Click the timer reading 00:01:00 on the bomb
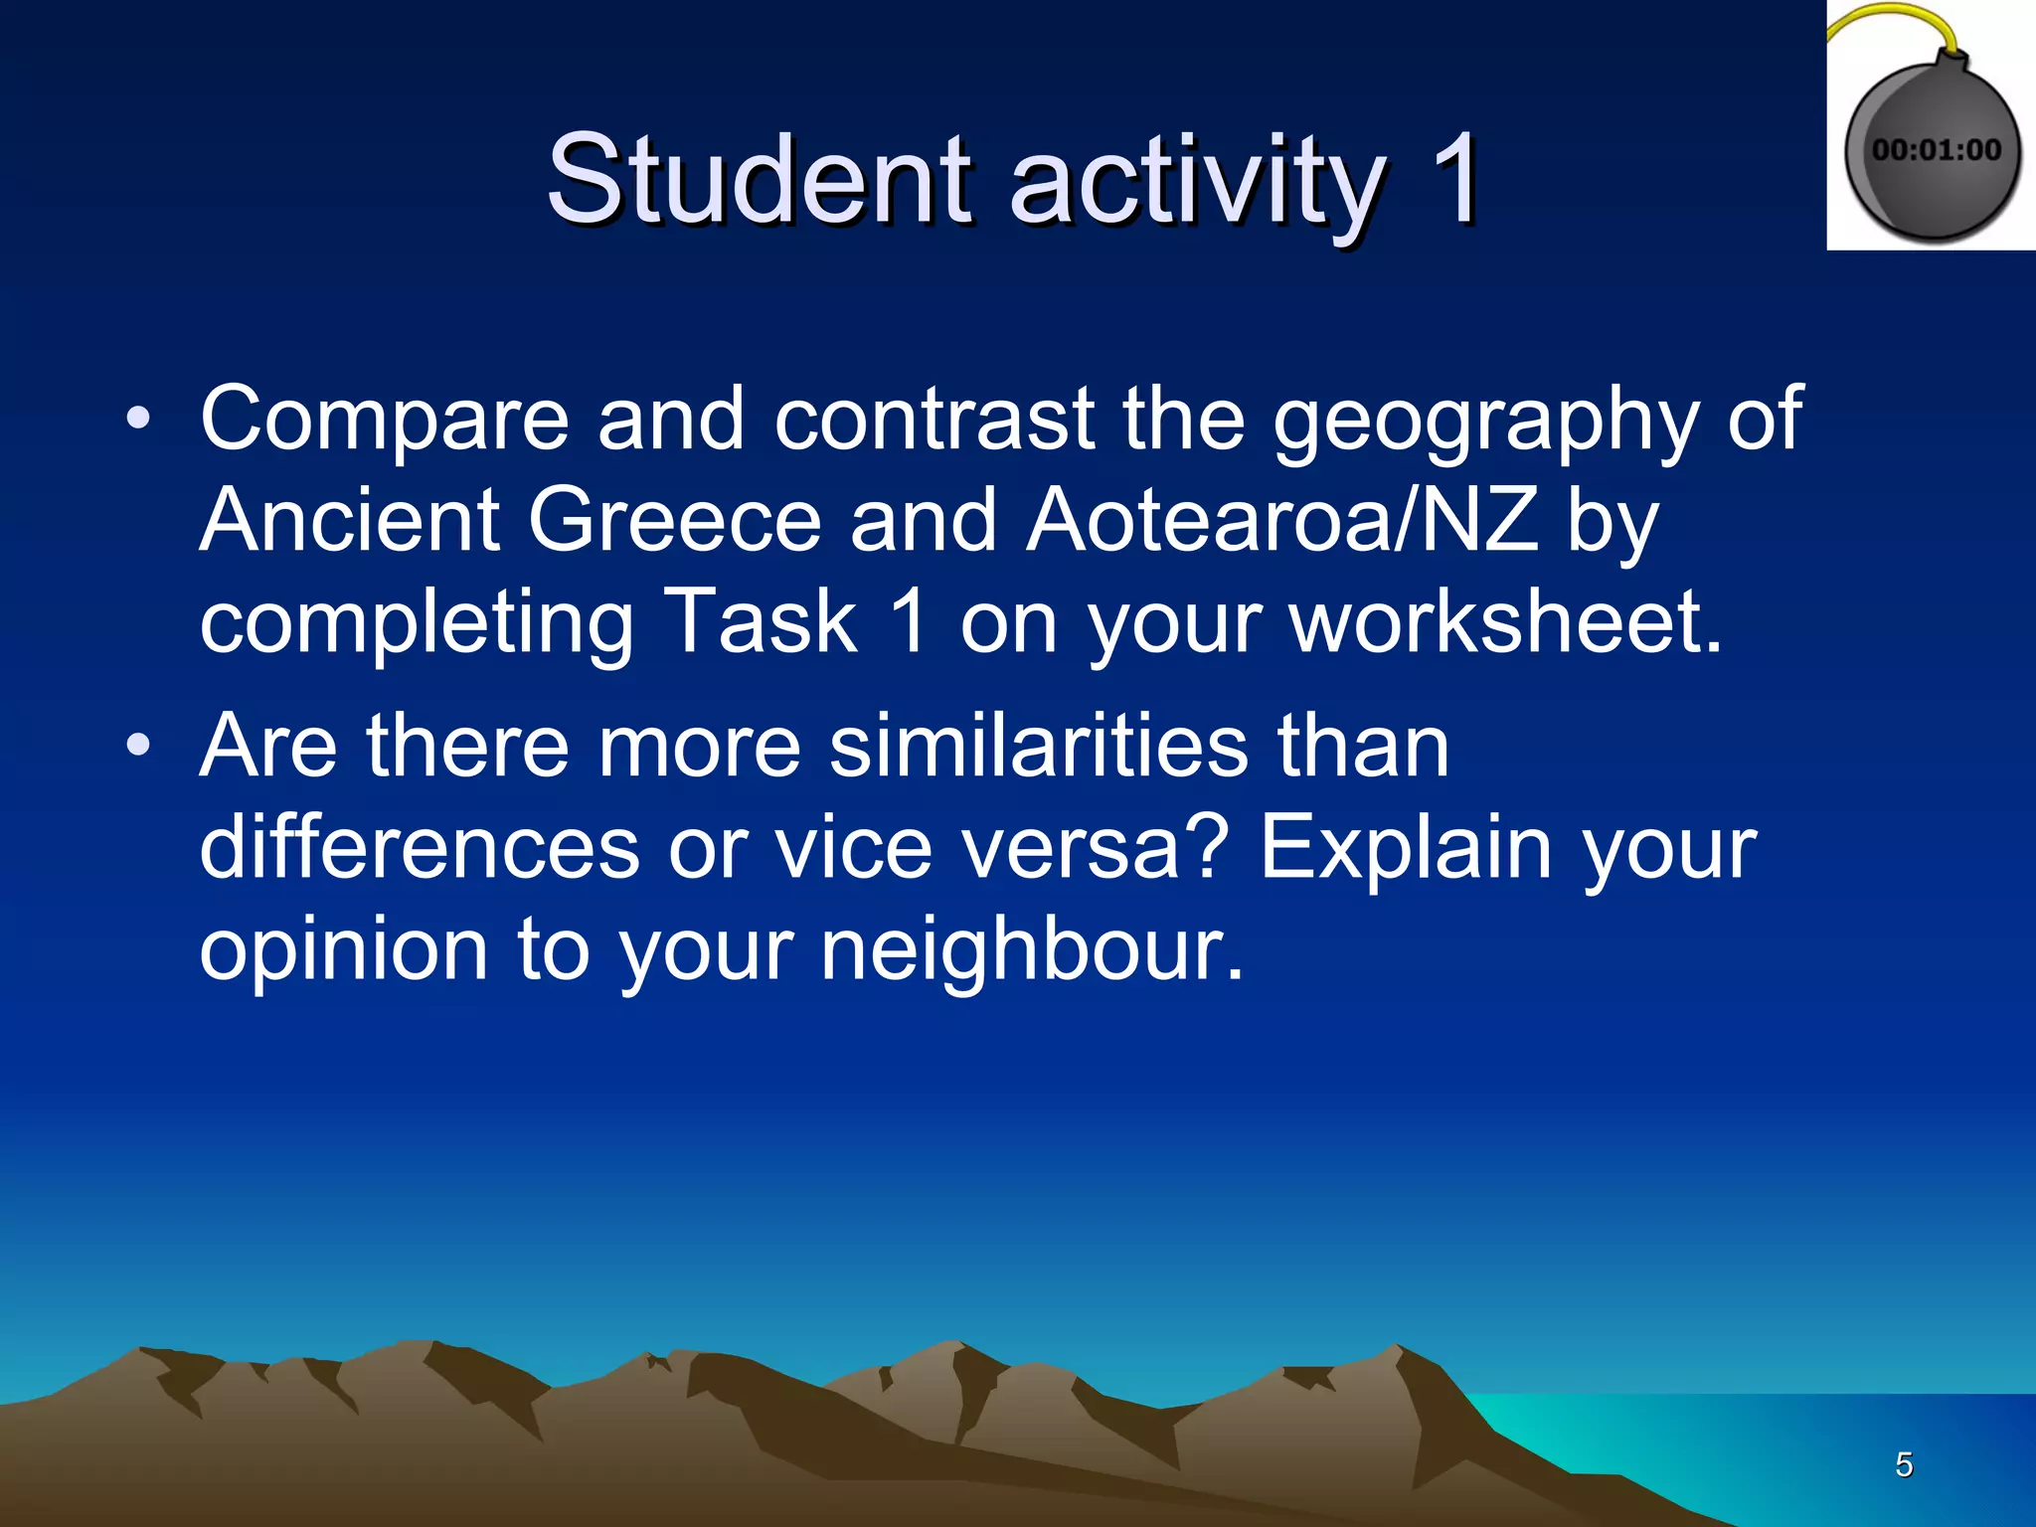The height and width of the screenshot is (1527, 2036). [1936, 150]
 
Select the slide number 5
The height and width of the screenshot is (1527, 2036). [1904, 1464]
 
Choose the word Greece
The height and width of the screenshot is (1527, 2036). [675, 521]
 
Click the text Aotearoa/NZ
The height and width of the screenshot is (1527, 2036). [1282, 521]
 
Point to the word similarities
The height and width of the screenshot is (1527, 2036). [1039, 747]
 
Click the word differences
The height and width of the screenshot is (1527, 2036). [420, 849]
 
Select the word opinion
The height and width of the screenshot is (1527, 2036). [344, 951]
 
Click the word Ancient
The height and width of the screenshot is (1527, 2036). [349, 521]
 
